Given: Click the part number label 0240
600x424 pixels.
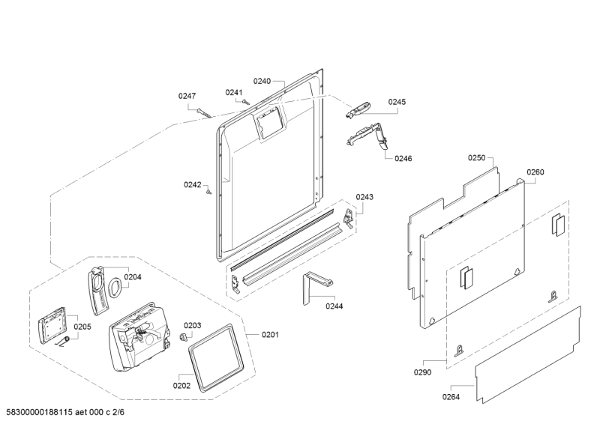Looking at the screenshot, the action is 262,81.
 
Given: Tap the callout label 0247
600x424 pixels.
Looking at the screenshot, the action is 187,96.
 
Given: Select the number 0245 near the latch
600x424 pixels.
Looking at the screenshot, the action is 397,102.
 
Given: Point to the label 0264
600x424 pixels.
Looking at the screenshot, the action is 451,397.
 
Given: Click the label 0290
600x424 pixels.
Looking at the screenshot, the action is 422,372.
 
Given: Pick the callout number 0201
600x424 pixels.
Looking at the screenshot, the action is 270,335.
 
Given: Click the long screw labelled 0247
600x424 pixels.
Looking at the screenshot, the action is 204,113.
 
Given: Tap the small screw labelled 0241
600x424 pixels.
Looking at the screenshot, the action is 246,102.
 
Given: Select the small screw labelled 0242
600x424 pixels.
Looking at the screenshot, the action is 208,191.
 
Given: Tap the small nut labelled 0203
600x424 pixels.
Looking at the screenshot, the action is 184,336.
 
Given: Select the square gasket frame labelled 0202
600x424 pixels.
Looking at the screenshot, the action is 216,358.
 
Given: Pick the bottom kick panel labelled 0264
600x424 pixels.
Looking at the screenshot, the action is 529,355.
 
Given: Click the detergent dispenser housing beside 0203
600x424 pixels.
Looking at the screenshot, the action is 139,337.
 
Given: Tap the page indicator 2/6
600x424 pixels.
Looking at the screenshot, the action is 118,412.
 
